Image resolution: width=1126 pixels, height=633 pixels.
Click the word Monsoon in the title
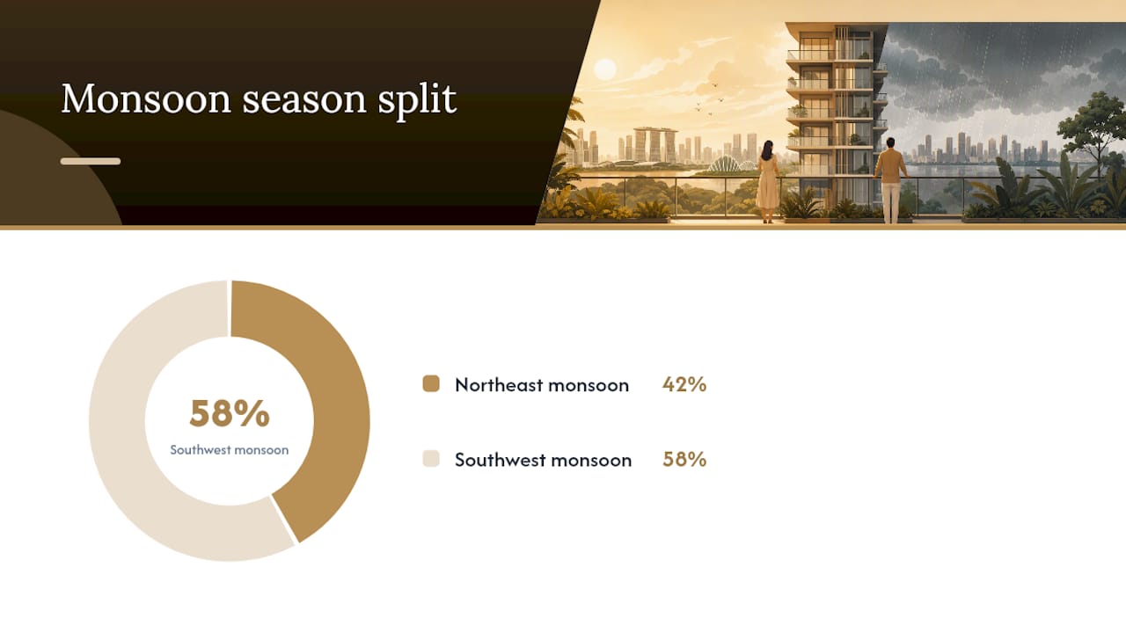[146, 98]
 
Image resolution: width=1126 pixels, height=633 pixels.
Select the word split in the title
[417, 100]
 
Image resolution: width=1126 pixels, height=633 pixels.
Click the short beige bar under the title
[91, 161]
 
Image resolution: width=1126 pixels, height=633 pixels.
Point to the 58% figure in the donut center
[230, 413]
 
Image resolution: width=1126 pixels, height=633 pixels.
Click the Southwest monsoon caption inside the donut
[230, 449]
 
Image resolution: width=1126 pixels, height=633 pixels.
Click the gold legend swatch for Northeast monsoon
[431, 384]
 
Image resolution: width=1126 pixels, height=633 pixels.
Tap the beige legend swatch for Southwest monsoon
[431, 459]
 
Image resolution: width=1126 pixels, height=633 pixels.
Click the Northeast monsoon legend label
[542, 385]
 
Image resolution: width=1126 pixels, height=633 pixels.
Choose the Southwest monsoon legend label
[543, 460]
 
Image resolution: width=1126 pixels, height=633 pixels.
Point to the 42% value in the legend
[684, 384]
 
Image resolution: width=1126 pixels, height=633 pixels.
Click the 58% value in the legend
[684, 459]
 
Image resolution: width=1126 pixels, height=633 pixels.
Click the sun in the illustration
[604, 69]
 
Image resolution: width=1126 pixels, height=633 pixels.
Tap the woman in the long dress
[767, 181]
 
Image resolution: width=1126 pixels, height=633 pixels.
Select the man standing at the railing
[891, 180]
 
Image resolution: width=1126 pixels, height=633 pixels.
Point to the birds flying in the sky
[709, 100]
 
